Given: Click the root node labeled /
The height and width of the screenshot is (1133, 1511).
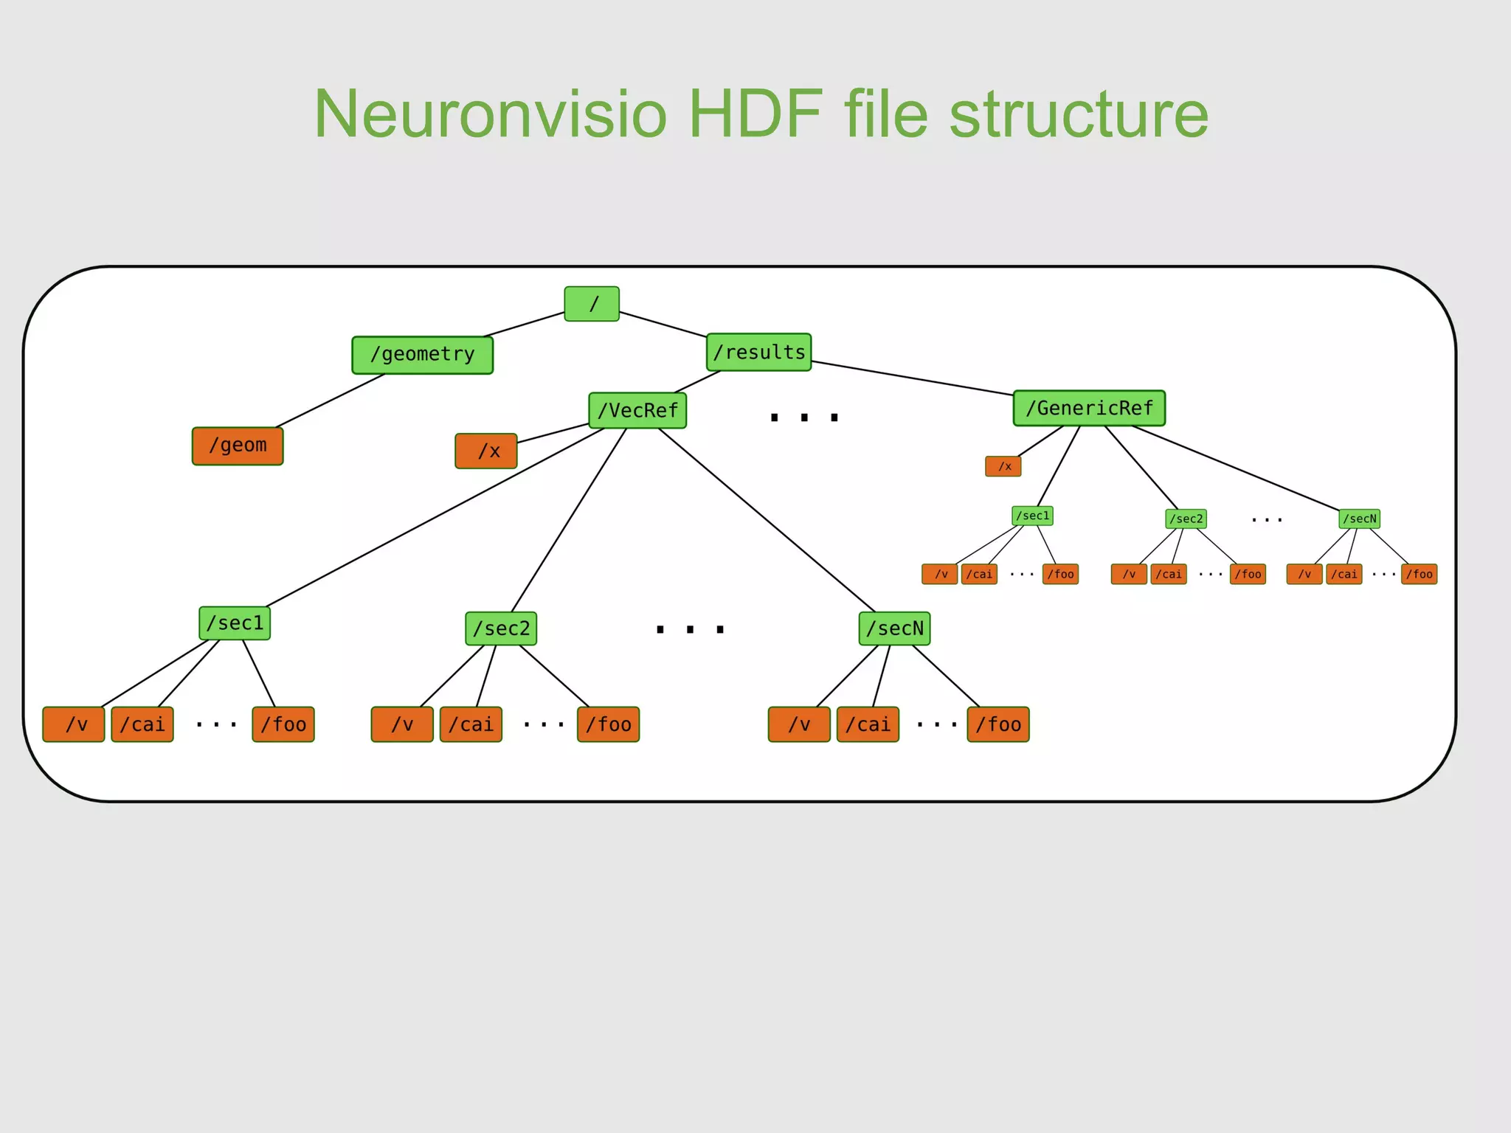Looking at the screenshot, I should pos(592,304).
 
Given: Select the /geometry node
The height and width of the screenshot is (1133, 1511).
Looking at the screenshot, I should pos(422,355).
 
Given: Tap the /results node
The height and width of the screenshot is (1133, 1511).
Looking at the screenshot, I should pos(758,352).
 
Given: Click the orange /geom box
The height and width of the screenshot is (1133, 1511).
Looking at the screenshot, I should pos(238,446).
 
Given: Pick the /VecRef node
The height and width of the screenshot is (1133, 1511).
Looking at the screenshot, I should pos(637,410).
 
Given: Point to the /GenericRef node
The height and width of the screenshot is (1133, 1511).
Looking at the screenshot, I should pos(1089,408).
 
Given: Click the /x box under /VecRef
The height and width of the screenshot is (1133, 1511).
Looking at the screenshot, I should pos(486,451).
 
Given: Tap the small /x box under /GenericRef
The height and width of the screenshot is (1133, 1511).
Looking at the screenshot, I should pos(1003,466).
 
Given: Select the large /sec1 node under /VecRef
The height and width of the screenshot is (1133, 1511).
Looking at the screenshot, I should pos(235,623).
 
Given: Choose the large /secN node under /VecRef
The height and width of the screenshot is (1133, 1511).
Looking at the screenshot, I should pos(894,628).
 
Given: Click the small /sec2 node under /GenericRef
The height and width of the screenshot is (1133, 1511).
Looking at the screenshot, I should pos(1186,519).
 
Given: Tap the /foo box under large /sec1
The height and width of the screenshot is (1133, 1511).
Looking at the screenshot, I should pos(283,724).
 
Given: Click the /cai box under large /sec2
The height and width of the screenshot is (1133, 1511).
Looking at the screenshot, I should pos(471,724).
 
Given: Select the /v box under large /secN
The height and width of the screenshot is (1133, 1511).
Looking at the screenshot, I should pos(799,724).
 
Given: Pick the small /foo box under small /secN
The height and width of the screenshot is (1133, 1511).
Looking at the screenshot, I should pos(1420,574).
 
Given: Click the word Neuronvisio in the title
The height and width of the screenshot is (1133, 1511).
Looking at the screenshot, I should pos(490,114).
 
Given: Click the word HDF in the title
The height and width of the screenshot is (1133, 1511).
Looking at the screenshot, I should pos(755,114).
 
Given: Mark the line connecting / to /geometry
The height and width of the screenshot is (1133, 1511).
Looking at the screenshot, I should pos(525,325).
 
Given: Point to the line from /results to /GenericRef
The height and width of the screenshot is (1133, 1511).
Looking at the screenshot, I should pos(912,378).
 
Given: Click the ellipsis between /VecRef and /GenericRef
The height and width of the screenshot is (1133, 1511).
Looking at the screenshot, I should pos(804,417).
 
